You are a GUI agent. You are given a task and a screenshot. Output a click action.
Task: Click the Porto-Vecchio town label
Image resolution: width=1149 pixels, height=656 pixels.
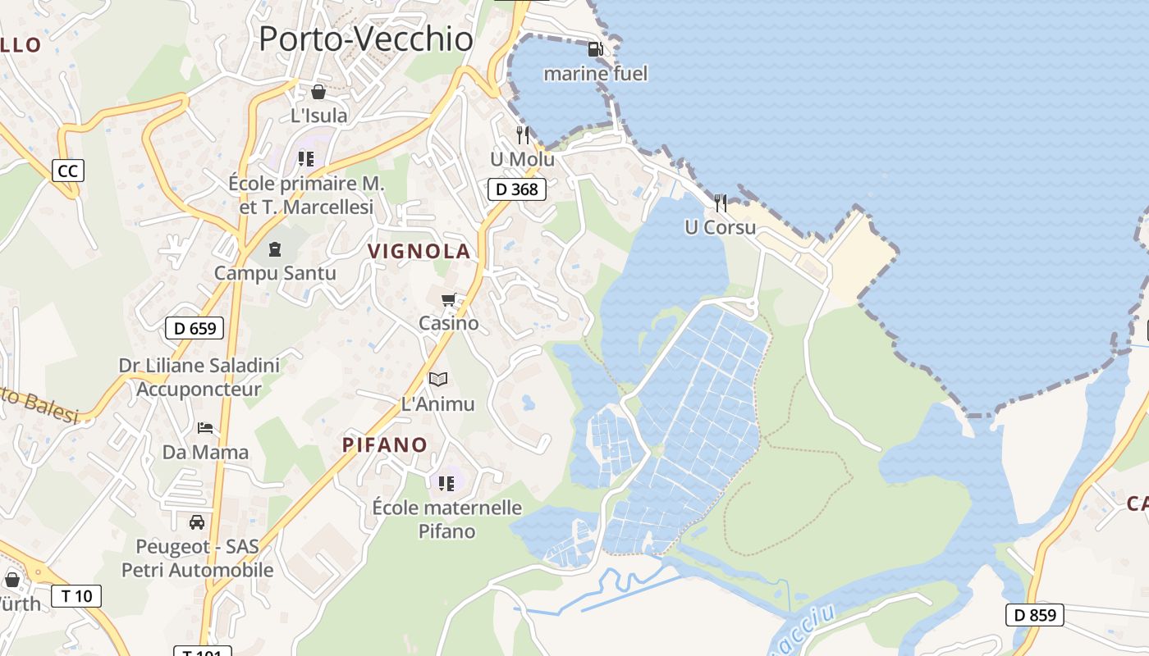366,39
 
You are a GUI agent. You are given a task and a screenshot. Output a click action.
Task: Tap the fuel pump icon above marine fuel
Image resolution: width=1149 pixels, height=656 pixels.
595,49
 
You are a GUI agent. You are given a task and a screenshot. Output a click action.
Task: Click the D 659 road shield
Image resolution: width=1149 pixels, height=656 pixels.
195,329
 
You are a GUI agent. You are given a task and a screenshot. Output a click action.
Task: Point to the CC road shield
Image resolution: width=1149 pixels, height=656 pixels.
68,171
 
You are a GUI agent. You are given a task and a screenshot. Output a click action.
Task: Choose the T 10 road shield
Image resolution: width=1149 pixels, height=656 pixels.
77,596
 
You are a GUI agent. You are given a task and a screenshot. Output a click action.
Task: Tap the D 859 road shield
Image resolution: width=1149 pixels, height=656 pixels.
1034,614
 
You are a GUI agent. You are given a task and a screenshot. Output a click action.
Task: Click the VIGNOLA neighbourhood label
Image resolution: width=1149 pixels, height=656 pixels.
419,252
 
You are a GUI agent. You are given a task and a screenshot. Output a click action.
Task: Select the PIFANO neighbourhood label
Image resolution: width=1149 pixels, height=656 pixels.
385,445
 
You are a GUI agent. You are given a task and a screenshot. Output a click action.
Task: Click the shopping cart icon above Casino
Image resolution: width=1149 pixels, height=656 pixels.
448,300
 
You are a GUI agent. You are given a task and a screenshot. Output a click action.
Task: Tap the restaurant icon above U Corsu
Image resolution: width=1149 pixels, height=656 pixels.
721,203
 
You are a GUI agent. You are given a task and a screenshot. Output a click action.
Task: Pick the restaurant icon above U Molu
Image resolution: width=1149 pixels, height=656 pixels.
523,134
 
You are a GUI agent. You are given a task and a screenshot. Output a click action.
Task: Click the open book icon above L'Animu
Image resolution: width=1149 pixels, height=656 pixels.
438,379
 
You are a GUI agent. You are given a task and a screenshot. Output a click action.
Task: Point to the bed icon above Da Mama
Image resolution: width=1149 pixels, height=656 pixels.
205,428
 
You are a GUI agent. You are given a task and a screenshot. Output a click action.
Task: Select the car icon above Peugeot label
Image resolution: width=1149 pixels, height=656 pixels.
197,522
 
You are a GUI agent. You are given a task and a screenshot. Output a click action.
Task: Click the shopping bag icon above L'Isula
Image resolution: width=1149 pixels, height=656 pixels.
318,92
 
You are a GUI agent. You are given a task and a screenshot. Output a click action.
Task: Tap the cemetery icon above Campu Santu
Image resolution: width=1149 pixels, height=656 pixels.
275,249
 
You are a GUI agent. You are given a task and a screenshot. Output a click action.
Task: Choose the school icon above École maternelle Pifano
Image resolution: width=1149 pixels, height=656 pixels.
446,483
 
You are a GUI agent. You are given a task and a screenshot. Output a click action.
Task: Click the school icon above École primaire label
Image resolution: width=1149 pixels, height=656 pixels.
306,158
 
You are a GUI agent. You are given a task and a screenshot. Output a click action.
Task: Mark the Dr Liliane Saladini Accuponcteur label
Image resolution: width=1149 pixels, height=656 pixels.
199,377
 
